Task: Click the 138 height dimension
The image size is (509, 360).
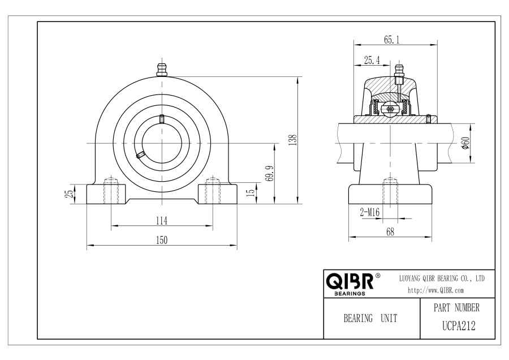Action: [x=293, y=140]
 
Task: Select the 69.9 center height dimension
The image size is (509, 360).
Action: [x=270, y=174]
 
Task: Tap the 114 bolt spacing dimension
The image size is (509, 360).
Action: [x=162, y=221]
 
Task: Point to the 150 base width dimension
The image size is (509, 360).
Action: [x=162, y=240]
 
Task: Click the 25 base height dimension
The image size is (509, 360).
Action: [x=70, y=194]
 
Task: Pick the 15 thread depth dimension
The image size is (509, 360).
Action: [x=251, y=192]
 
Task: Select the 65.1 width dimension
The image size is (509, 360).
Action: [x=392, y=40]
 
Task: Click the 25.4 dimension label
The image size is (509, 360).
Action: [x=372, y=60]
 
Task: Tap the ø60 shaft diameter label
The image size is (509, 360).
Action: [x=465, y=143]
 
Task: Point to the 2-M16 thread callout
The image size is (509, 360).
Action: [x=369, y=212]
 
